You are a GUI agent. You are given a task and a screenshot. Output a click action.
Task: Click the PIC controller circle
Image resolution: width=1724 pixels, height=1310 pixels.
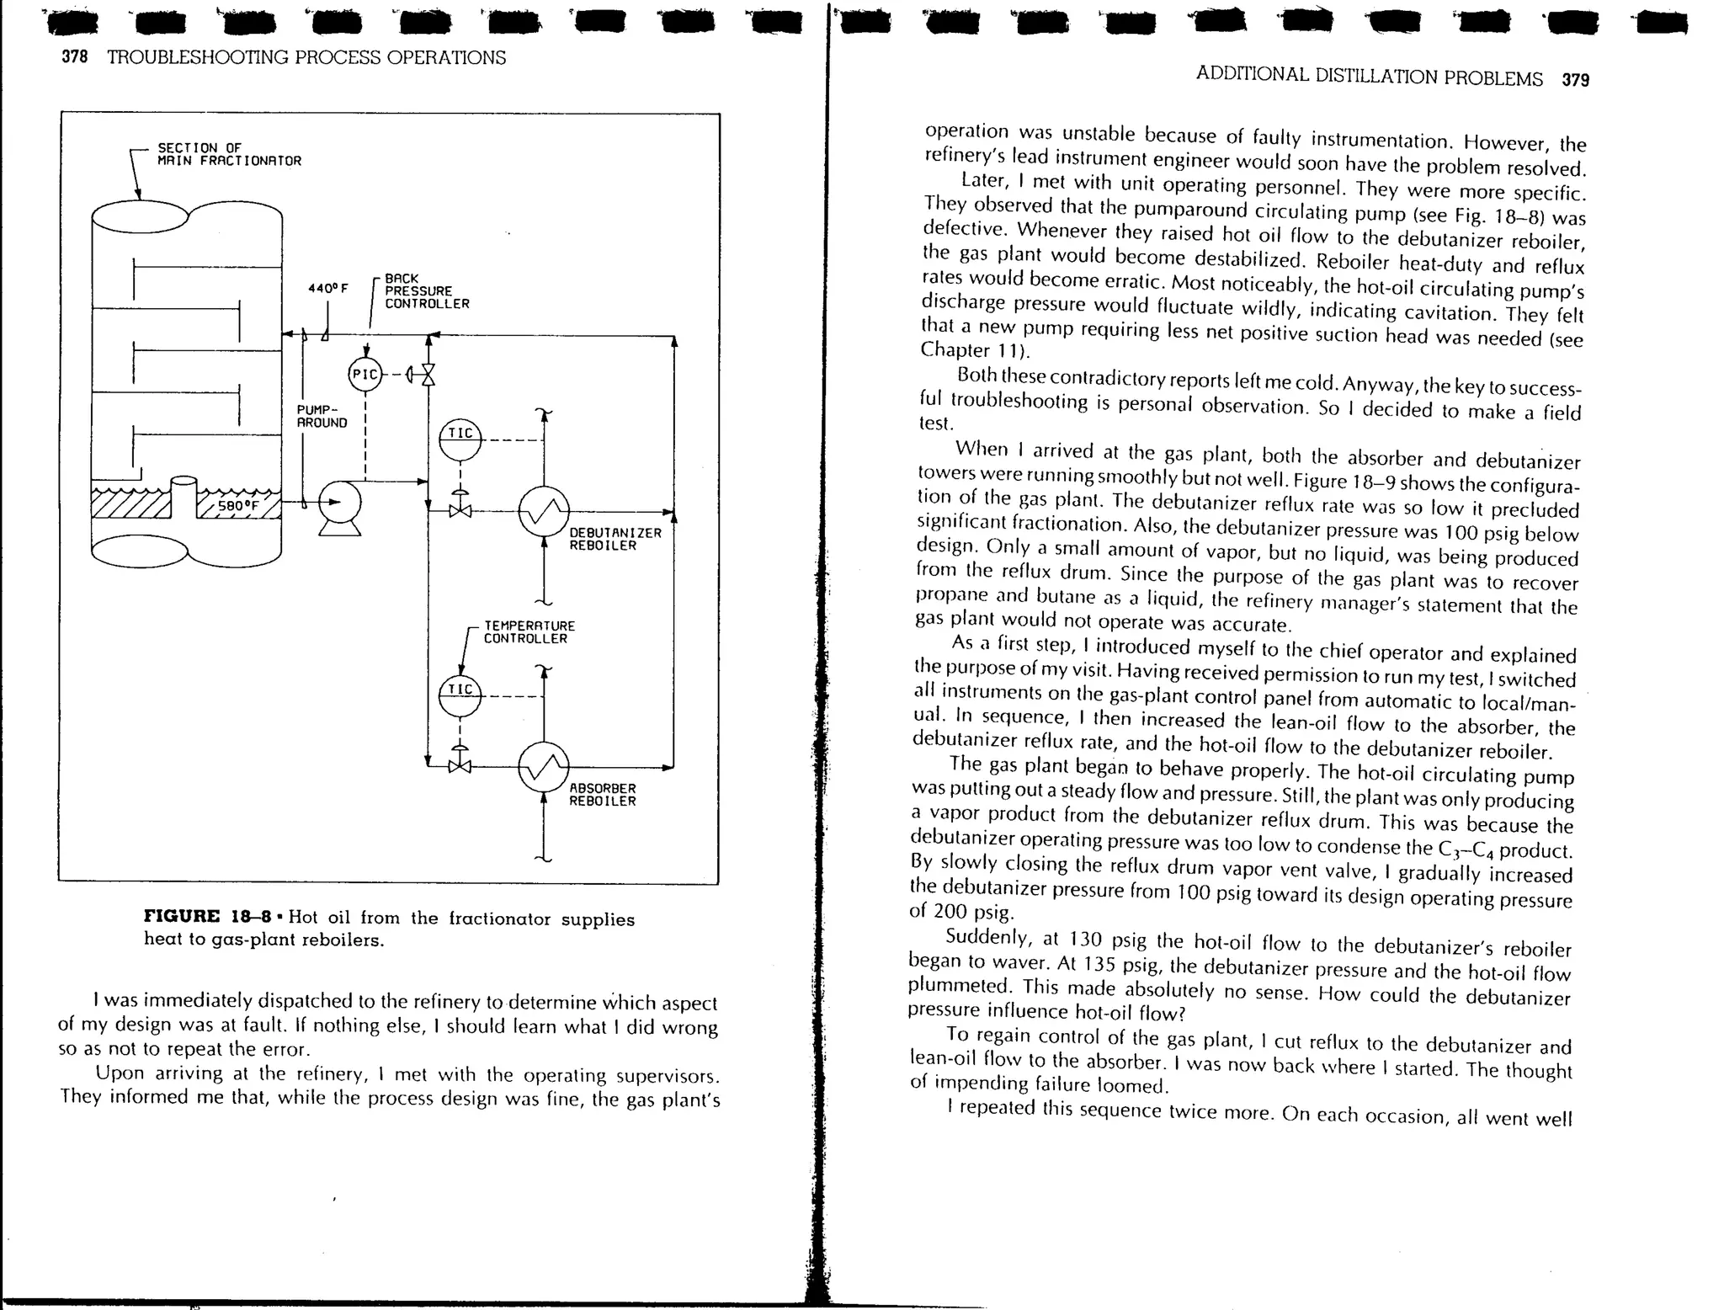click(x=364, y=375)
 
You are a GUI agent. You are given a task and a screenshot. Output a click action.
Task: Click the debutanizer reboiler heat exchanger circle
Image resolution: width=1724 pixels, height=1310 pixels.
click(x=544, y=511)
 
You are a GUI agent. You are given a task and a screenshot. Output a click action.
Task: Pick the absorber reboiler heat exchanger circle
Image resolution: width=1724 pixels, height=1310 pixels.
click(x=544, y=767)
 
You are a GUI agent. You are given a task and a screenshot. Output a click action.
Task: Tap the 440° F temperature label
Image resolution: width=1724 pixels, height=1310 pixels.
click(x=327, y=288)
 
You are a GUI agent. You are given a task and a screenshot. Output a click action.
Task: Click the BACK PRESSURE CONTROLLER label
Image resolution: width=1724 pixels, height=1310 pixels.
click(x=427, y=291)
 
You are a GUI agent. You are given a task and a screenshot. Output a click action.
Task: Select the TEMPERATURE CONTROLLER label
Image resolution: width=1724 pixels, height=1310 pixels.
click(x=529, y=632)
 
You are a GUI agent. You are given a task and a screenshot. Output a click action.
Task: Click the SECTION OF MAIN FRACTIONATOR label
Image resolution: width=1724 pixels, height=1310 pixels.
click(x=229, y=154)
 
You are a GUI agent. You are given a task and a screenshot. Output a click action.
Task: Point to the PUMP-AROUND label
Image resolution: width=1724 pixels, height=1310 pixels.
click(x=322, y=416)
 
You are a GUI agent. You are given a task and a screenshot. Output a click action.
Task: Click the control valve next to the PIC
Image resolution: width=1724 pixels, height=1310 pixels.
click(x=428, y=374)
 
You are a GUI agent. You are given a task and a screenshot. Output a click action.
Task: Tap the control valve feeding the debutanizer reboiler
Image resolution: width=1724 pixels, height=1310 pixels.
click(x=460, y=510)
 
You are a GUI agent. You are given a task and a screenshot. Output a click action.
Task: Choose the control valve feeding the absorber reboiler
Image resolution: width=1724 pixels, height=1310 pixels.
click(x=460, y=766)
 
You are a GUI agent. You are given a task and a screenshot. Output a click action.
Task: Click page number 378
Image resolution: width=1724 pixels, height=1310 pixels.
click(x=75, y=58)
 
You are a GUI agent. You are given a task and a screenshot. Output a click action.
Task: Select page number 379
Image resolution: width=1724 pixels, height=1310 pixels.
click(x=1575, y=80)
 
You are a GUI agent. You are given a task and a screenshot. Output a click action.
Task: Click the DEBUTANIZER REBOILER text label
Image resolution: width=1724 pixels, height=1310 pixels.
click(x=615, y=539)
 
